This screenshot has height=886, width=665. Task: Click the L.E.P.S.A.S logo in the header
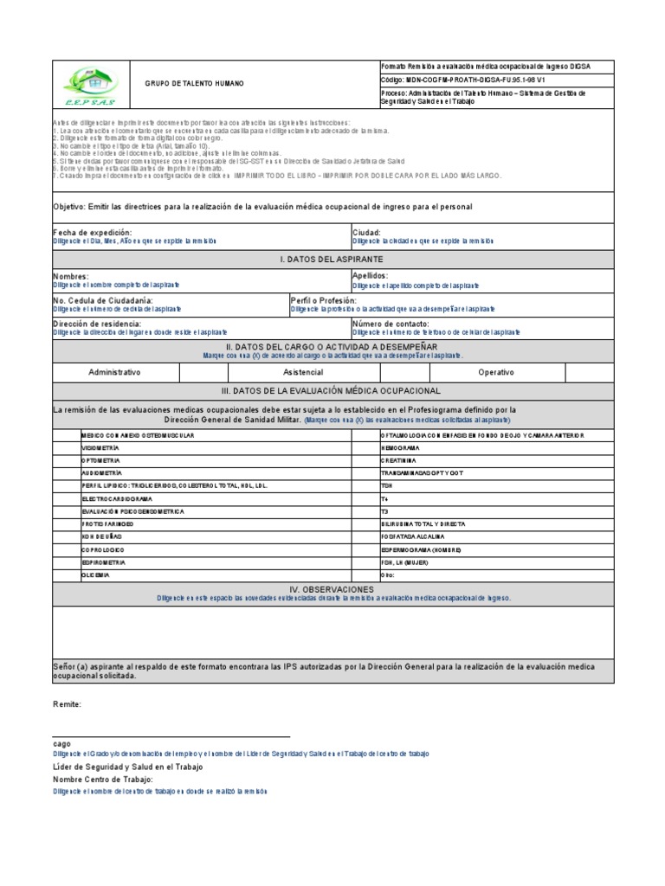pyautogui.click(x=90, y=84)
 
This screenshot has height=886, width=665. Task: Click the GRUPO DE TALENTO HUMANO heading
pyautogui.click(x=194, y=84)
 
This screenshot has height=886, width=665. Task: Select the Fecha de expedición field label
pyautogui.click(x=93, y=233)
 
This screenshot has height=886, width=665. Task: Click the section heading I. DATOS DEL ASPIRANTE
pyautogui.click(x=333, y=260)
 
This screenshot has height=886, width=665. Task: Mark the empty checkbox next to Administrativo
pyautogui.click(x=203, y=371)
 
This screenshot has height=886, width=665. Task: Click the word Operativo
pyautogui.click(x=496, y=372)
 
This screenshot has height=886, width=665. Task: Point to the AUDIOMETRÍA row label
pyautogui.click(x=101, y=474)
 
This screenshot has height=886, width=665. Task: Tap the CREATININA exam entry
pyautogui.click(x=399, y=461)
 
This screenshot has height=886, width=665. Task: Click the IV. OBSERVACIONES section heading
pyautogui.click(x=333, y=588)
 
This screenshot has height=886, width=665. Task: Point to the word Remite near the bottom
pyautogui.click(x=68, y=704)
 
